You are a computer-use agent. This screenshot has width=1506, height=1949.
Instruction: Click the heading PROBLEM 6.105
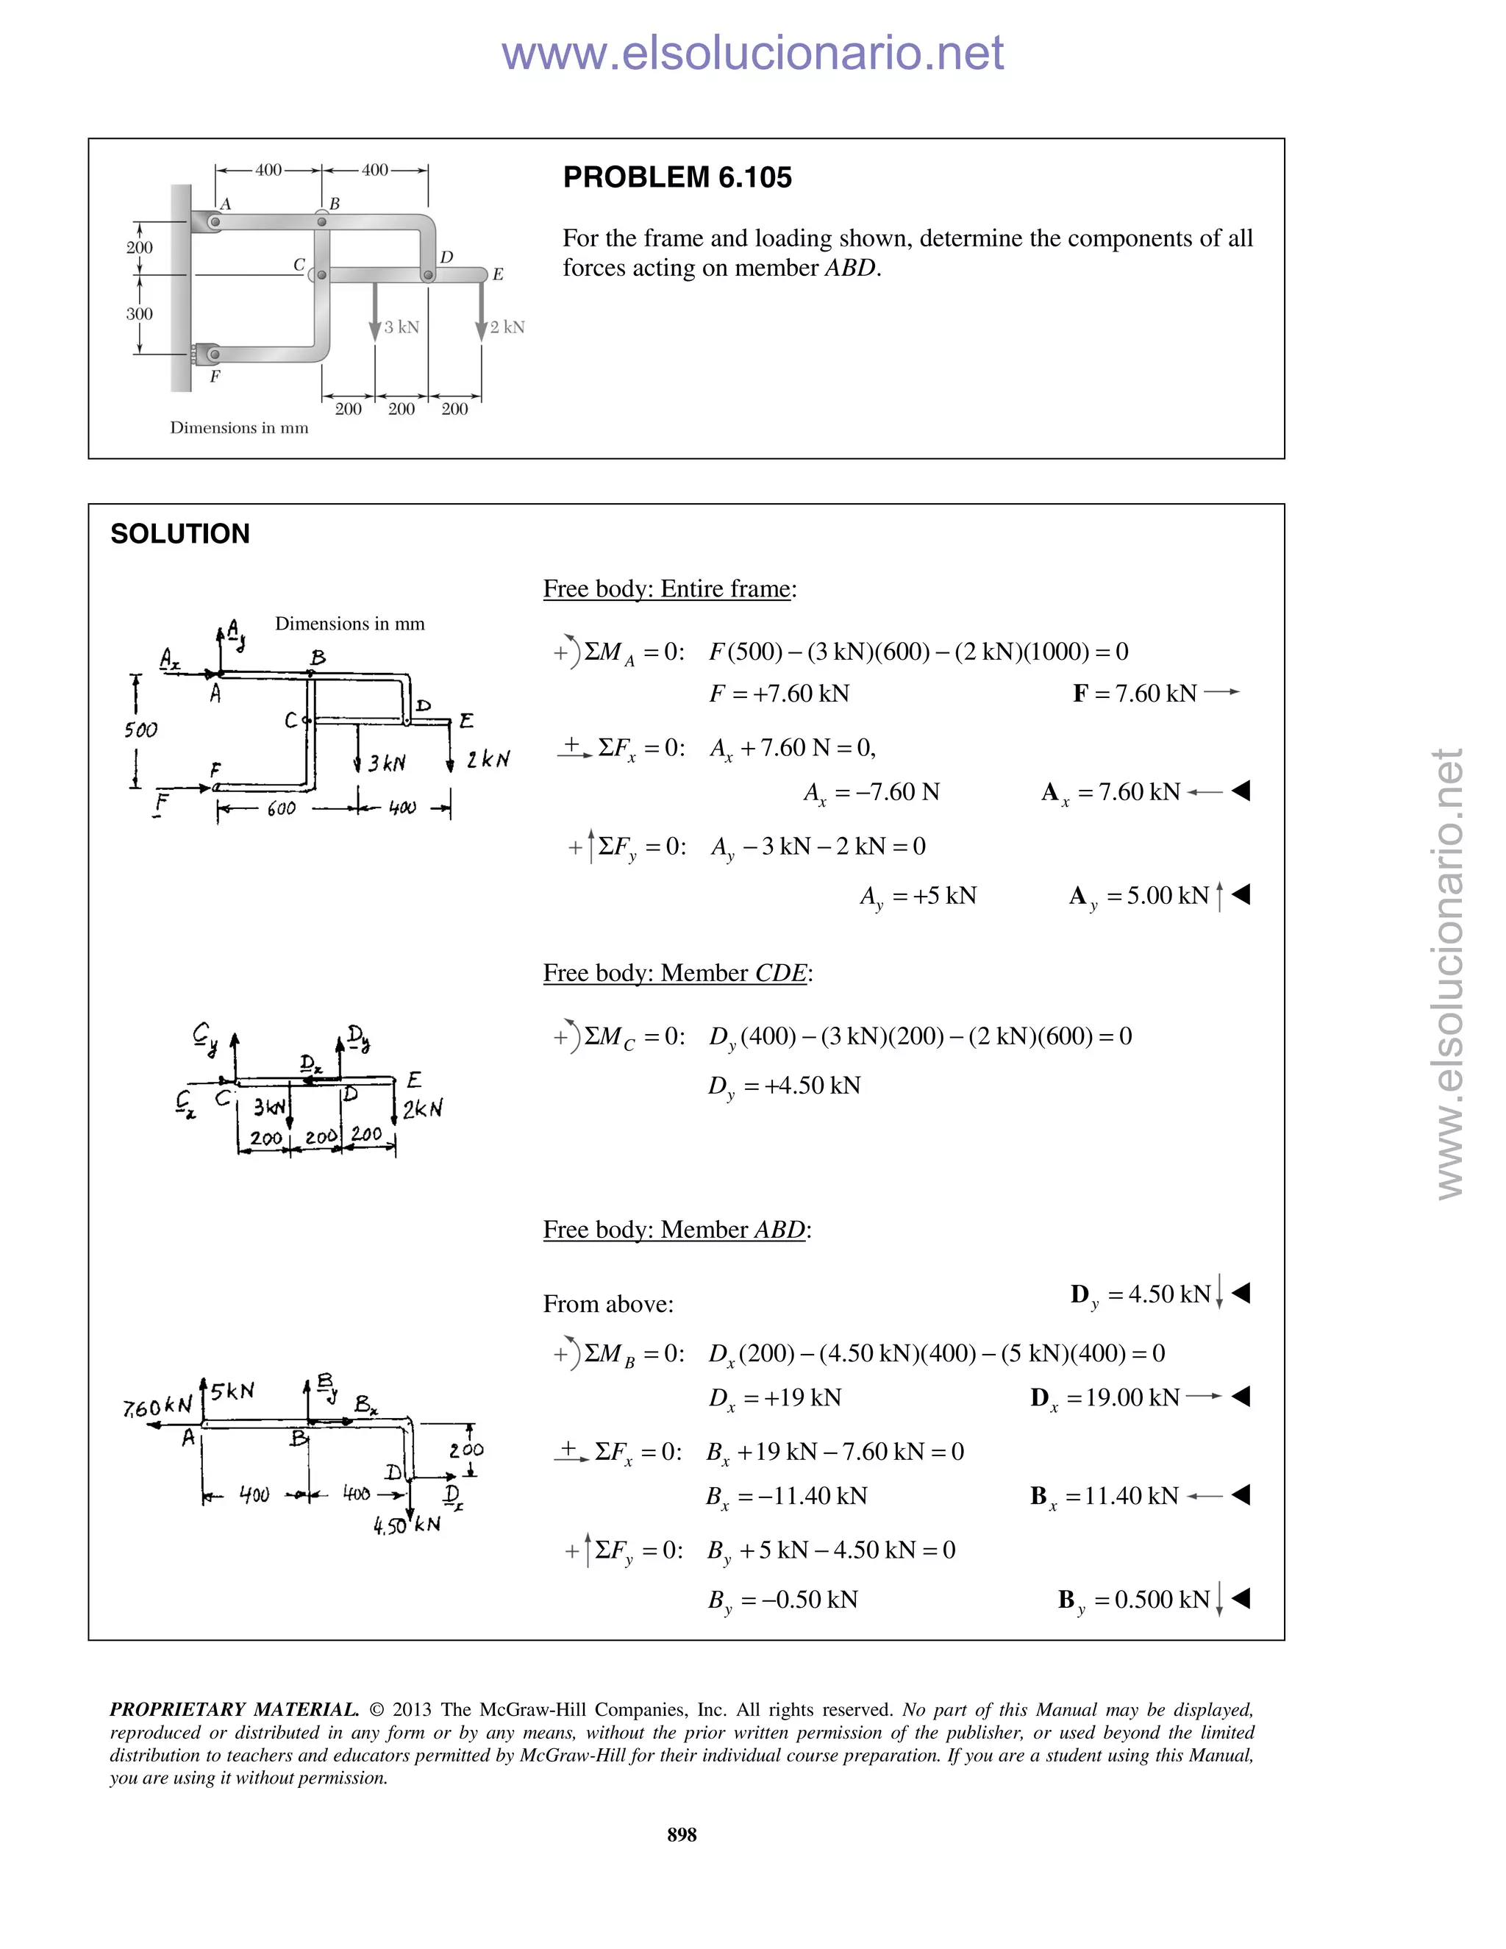coord(677,177)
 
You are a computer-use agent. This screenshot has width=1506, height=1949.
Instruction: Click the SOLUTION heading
coord(180,534)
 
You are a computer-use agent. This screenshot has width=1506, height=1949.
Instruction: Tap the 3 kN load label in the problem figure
coord(401,327)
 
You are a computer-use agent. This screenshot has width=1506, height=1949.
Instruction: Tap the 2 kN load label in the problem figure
coord(507,327)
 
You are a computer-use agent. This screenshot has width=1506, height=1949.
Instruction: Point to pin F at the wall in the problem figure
coord(213,355)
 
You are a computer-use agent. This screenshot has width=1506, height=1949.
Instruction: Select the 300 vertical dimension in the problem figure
coord(139,314)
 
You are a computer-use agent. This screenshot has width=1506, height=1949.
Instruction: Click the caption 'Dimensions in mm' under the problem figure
coord(239,428)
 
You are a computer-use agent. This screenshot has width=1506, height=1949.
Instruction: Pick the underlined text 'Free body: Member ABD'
coord(674,1230)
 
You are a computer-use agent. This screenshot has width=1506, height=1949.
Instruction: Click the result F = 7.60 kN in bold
coord(1135,694)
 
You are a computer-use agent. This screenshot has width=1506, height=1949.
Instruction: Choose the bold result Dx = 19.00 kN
coord(1105,1397)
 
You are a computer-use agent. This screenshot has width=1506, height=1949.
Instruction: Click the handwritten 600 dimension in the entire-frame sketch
coord(281,808)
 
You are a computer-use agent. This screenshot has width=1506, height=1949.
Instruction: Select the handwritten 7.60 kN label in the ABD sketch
coord(158,1407)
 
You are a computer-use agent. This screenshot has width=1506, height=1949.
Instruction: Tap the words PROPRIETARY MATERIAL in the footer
coord(234,1710)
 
